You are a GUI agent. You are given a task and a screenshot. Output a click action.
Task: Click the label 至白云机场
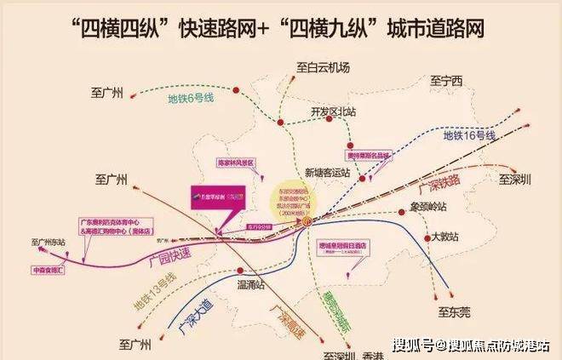[324, 66]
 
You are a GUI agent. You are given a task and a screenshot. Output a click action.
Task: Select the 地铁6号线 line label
[191, 99]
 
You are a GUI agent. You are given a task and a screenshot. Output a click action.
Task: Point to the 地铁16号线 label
[468, 136]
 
